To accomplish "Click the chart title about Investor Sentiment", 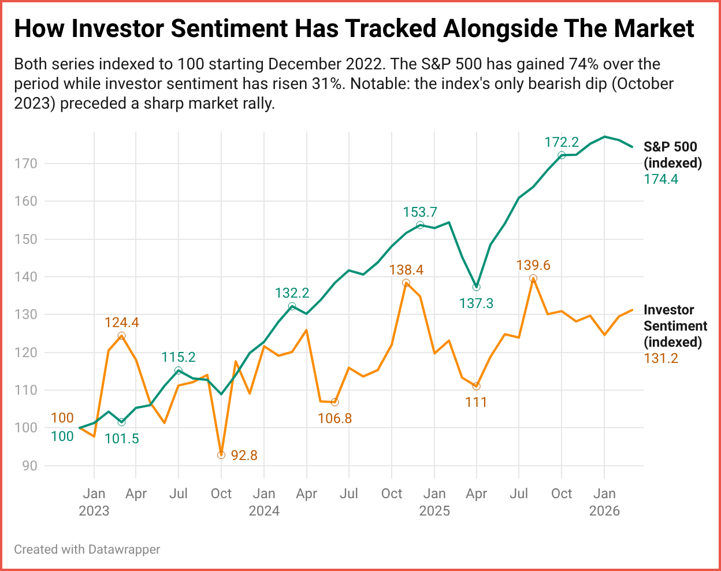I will pos(354,29).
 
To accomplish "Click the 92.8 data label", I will pos(244,455).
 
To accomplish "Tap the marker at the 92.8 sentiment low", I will pos(221,455).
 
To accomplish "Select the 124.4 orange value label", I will pos(121,322).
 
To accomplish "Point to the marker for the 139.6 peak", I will pos(533,279).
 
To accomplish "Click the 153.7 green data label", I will pos(420,212).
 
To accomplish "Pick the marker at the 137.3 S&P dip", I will pos(477,287).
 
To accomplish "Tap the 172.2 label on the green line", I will pos(562,142).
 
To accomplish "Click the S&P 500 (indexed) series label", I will pos(672,155).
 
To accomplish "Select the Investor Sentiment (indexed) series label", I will pos(675,326).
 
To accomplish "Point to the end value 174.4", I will pos(661,179).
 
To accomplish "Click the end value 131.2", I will pos(661,358).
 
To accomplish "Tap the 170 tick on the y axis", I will pos(25,164).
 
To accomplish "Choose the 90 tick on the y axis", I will pos(29,466).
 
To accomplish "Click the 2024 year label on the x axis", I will pos(264,511).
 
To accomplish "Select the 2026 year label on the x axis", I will pos(604,511).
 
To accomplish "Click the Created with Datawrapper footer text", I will pos(87,549).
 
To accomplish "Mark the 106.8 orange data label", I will pos(335,418).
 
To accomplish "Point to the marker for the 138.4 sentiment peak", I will pos(406,283).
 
